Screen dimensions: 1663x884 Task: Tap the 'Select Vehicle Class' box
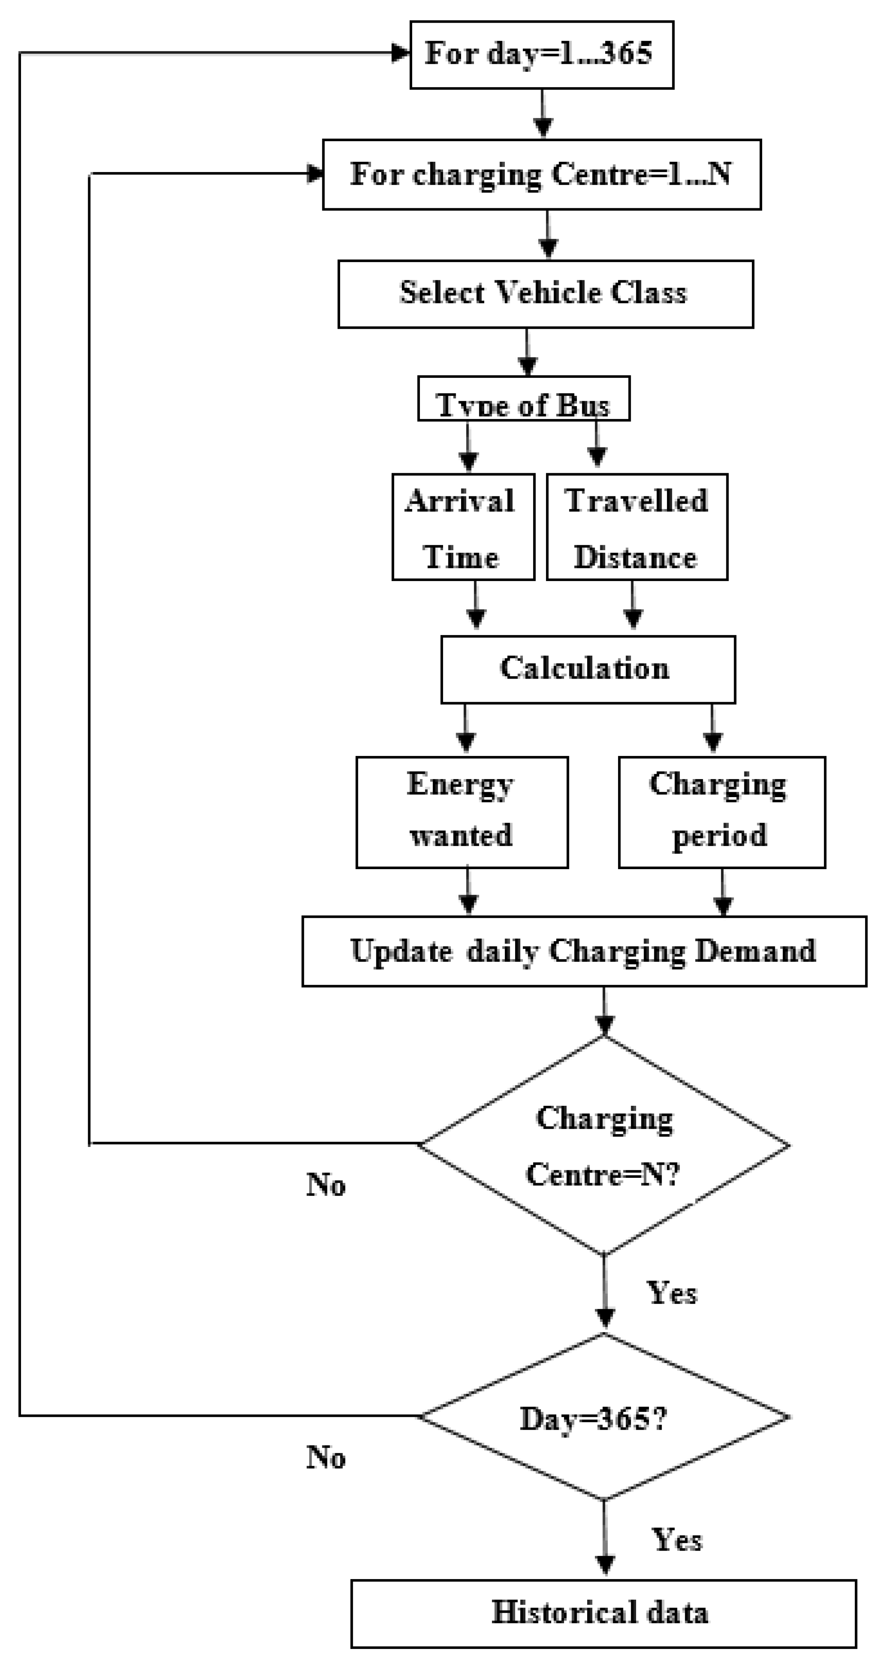(x=546, y=294)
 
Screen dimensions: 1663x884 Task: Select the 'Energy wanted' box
(x=462, y=812)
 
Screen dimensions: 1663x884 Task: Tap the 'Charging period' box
(x=721, y=812)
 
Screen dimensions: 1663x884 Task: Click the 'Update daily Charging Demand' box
(x=584, y=951)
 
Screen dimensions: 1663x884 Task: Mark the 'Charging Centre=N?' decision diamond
(x=604, y=1146)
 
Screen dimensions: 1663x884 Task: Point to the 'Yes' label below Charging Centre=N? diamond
(x=672, y=1294)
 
